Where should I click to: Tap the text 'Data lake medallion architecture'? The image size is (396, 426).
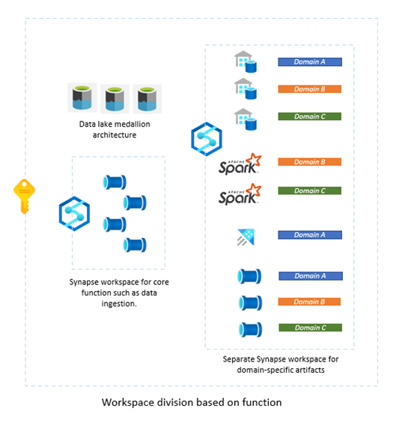click(x=112, y=130)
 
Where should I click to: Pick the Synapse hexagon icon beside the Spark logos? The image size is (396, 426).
click(x=206, y=139)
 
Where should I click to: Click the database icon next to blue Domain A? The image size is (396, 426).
click(x=245, y=62)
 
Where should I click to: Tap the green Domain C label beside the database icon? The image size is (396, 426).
click(x=310, y=116)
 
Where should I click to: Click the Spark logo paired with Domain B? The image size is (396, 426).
click(x=240, y=163)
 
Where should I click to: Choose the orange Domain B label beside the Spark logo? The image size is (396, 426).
click(x=310, y=162)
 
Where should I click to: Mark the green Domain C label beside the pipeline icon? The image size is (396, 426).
click(x=310, y=328)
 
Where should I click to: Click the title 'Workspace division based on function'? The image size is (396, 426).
click(x=192, y=403)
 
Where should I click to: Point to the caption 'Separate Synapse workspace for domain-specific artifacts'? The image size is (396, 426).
click(x=280, y=365)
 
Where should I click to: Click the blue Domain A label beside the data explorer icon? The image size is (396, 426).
click(x=310, y=235)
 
